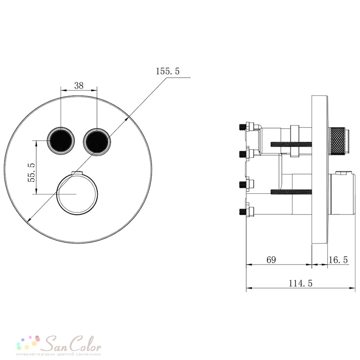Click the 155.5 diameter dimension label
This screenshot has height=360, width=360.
pyautogui.click(x=168, y=71)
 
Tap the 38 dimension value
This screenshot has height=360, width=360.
pyautogui.click(x=79, y=86)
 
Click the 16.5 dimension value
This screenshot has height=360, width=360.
pyautogui.click(x=338, y=260)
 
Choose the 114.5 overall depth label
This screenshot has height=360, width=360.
pyautogui.click(x=300, y=283)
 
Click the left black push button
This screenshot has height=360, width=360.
pyautogui.click(x=61, y=140)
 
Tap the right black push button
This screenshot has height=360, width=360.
pyautogui.click(x=97, y=142)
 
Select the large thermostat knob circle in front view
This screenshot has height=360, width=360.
pyautogui.click(x=77, y=194)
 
